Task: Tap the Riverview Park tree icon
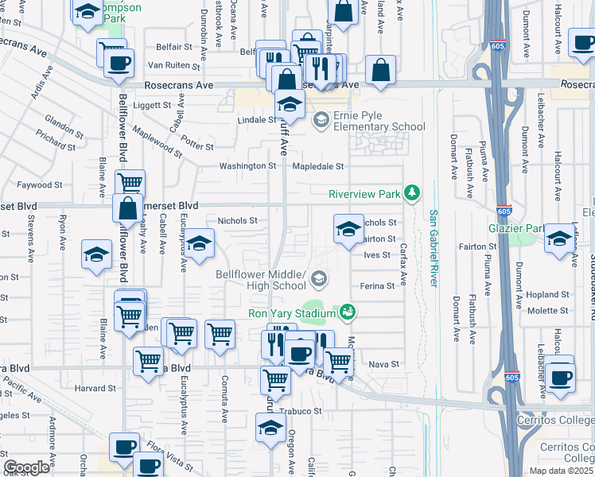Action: (x=411, y=193)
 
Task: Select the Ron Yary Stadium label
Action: (x=292, y=312)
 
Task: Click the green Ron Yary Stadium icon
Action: (x=347, y=312)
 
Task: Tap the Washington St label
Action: (x=248, y=166)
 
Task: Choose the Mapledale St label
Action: (x=317, y=166)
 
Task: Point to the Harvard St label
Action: (x=95, y=389)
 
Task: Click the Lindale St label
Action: (x=256, y=120)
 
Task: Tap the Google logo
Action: (x=27, y=467)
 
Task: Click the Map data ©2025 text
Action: (x=560, y=471)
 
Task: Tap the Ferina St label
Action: (x=377, y=285)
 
